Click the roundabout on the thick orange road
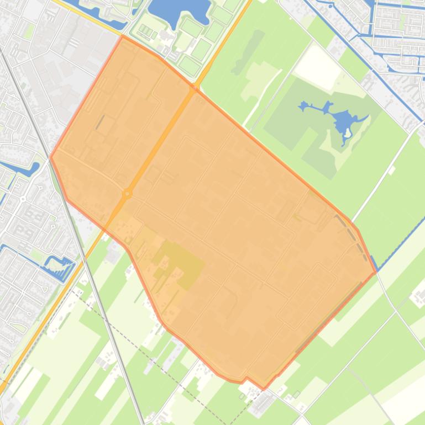(128, 193)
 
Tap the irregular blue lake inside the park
(343, 119)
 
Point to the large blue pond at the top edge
(178, 10)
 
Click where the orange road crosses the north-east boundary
(195, 87)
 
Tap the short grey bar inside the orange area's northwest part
(100, 122)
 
